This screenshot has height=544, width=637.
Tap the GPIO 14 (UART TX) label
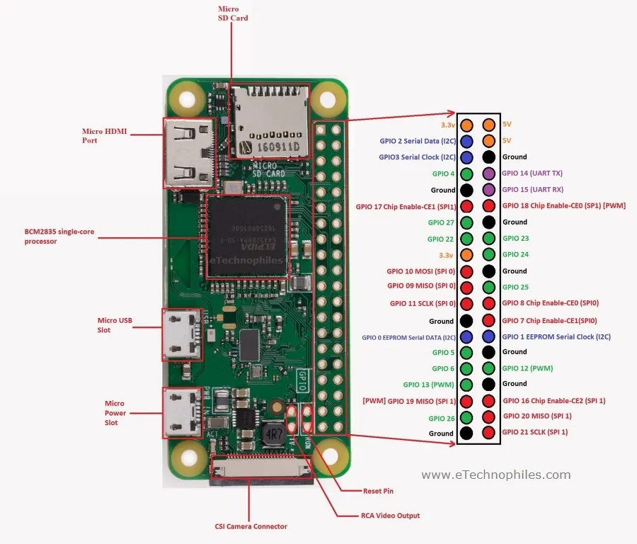click(532, 173)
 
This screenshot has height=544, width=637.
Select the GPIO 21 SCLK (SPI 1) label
click(535, 432)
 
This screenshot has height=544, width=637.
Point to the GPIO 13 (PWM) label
click(429, 385)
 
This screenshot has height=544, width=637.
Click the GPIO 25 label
click(515, 288)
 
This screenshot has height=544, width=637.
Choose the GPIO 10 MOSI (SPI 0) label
click(421, 271)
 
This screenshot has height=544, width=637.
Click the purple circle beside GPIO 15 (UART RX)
click(488, 190)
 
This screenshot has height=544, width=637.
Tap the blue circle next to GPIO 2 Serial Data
click(467, 141)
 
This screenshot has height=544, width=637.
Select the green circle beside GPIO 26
click(467, 417)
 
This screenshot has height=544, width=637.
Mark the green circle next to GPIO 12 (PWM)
click(488, 368)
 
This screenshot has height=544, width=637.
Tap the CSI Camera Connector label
click(251, 526)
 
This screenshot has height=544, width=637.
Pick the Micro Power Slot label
click(115, 413)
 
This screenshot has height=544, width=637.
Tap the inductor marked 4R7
click(272, 433)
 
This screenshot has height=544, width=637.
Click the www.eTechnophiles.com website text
click(496, 475)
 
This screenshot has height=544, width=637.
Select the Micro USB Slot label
click(115, 325)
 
